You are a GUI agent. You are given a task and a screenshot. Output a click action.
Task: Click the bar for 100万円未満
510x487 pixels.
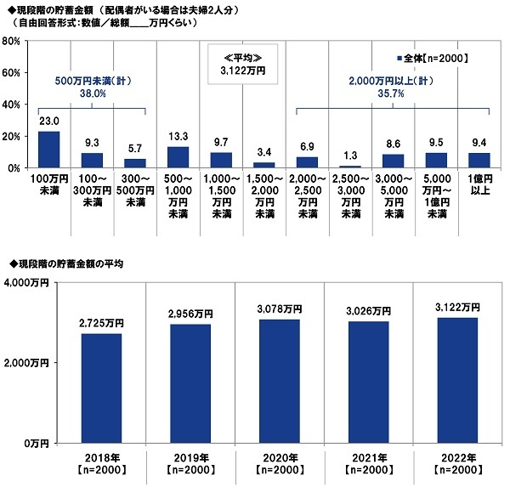point(49,150)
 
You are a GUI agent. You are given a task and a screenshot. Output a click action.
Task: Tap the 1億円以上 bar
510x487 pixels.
point(479,161)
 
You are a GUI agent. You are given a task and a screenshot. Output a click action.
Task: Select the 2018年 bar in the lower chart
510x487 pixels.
point(103,388)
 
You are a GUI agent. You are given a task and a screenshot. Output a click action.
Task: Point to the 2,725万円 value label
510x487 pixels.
point(103,324)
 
